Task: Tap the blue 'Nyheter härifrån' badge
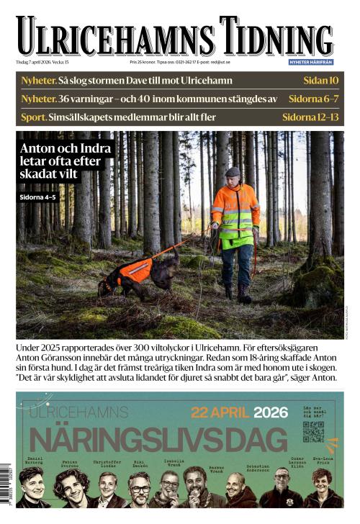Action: (x=311, y=62)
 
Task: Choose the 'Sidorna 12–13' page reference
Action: (x=310, y=116)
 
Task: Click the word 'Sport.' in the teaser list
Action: (x=34, y=116)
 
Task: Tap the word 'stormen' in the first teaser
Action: (x=111, y=80)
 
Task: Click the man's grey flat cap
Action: (x=232, y=172)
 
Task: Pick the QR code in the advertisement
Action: (x=313, y=432)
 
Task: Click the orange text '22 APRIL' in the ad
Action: (x=220, y=413)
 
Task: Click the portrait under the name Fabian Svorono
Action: (x=71, y=489)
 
